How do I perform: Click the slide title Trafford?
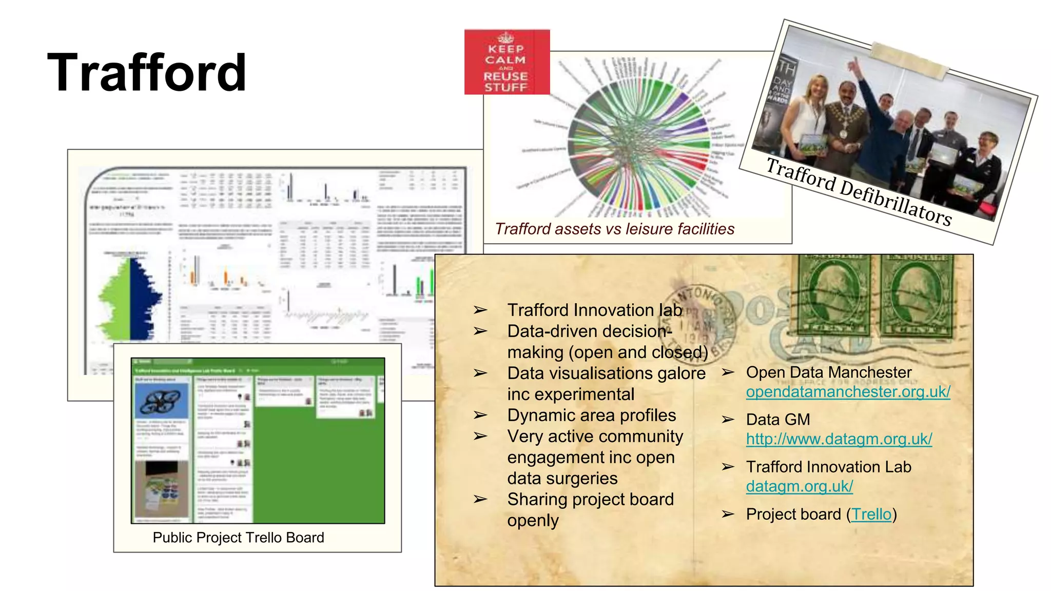pos(147,73)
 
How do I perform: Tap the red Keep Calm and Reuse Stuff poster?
pos(507,62)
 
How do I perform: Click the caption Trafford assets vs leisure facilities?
pos(614,229)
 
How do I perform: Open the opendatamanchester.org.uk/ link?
pos(848,392)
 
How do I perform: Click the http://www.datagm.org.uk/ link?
pos(839,439)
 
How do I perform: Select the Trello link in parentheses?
pos(871,514)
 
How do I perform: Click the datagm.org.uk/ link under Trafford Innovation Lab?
pos(799,486)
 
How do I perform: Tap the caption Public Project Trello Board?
pos(238,537)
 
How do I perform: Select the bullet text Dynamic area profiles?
pos(591,415)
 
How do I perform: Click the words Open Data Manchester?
pos(828,372)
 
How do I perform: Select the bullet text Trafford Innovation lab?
pos(594,310)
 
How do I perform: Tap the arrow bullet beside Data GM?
pos(727,420)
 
